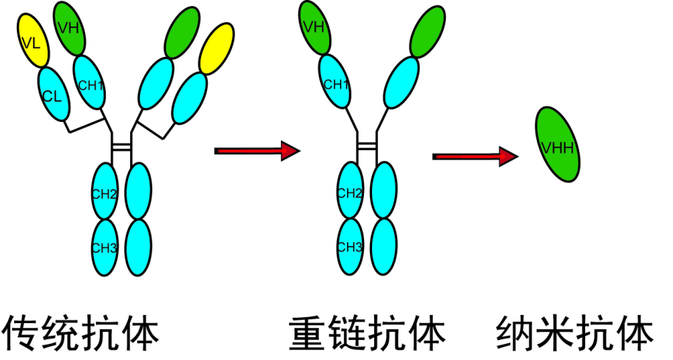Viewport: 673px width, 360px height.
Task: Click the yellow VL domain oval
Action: coord(32,40)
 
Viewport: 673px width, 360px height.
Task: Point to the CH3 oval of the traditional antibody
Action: coord(104,247)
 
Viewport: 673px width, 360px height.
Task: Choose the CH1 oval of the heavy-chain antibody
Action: coord(335,84)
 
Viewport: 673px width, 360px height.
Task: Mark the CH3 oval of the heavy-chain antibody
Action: coord(349,247)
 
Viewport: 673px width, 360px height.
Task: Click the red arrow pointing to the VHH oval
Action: coord(476,156)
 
